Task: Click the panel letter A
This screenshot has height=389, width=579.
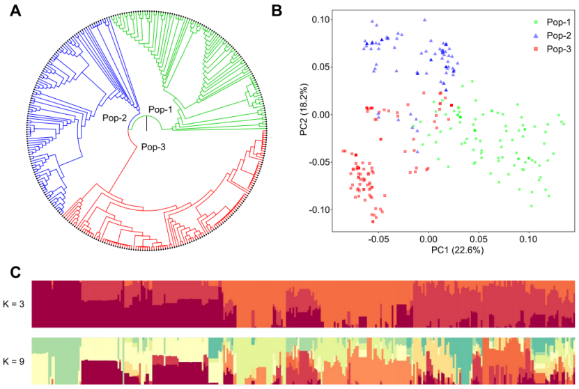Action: click(14, 11)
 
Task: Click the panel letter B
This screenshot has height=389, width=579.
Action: click(277, 11)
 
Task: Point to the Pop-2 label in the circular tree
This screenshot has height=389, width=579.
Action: click(115, 118)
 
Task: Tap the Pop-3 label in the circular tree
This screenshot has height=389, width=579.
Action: click(155, 146)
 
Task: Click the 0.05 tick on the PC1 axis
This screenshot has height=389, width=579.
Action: click(479, 237)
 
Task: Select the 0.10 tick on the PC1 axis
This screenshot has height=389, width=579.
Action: click(529, 237)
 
